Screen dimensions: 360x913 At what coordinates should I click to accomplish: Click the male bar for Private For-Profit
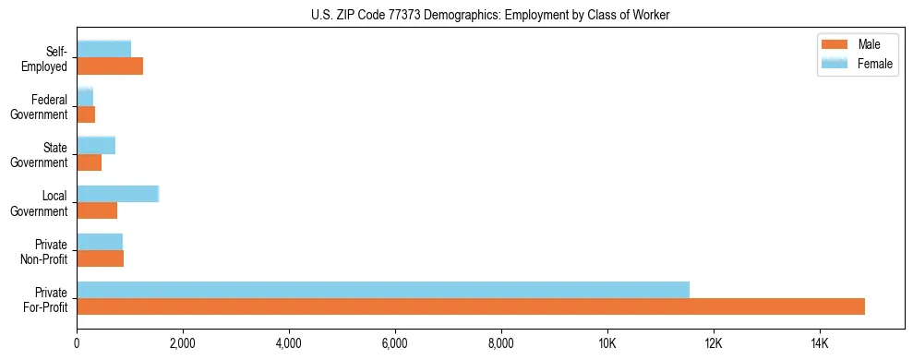(471, 306)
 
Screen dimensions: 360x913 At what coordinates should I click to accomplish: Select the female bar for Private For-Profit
(383, 290)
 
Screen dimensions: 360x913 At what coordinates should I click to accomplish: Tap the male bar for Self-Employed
(110, 66)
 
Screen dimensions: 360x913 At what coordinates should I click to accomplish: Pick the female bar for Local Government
(118, 194)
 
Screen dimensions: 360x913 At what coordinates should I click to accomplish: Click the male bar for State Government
(90, 162)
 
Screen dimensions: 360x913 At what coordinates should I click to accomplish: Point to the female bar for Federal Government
(85, 98)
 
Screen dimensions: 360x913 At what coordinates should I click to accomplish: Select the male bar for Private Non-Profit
(101, 258)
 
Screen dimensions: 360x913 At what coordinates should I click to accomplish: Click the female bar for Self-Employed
(104, 49)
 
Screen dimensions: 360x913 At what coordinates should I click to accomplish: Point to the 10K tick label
(607, 343)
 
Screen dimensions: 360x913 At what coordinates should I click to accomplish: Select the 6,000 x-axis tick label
(395, 343)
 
